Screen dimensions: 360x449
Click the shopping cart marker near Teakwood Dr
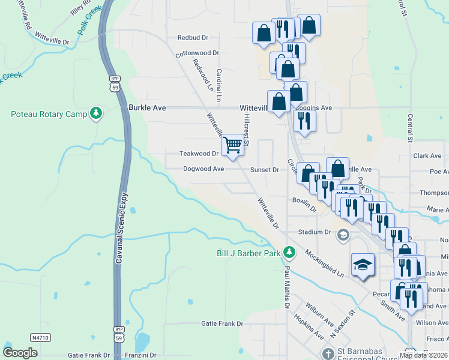232,144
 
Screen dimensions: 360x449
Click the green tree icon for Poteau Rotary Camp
95,113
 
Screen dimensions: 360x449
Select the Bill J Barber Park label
249,253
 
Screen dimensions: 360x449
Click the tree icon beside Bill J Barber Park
289,252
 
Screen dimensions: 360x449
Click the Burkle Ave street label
146,107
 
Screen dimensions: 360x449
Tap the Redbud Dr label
192,37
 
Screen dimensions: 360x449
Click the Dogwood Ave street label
203,169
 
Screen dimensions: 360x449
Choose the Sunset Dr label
265,170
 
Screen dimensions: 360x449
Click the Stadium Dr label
315,232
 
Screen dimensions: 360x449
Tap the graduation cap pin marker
363,265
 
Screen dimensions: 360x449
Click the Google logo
20,352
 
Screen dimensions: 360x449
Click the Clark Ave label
427,156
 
